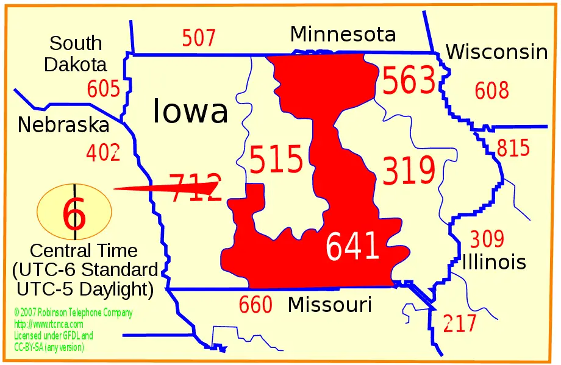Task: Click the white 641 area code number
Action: (353, 247)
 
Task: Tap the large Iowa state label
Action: (190, 112)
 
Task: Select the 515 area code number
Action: (276, 160)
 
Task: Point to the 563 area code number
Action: (409, 82)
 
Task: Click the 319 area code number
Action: (409, 171)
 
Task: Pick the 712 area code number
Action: (195, 187)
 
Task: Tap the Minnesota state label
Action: (343, 34)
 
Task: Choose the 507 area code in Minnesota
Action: (199, 38)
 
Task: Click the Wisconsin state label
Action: (496, 52)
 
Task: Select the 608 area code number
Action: (491, 91)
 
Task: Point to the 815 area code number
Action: (513, 148)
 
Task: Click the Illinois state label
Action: (494, 262)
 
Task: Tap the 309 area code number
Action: (487, 239)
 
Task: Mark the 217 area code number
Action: (460, 324)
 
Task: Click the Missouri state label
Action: (329, 304)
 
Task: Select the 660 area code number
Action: (255, 305)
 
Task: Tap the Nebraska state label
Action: (63, 125)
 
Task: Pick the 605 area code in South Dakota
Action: (103, 89)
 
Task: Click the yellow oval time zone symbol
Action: (74, 211)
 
